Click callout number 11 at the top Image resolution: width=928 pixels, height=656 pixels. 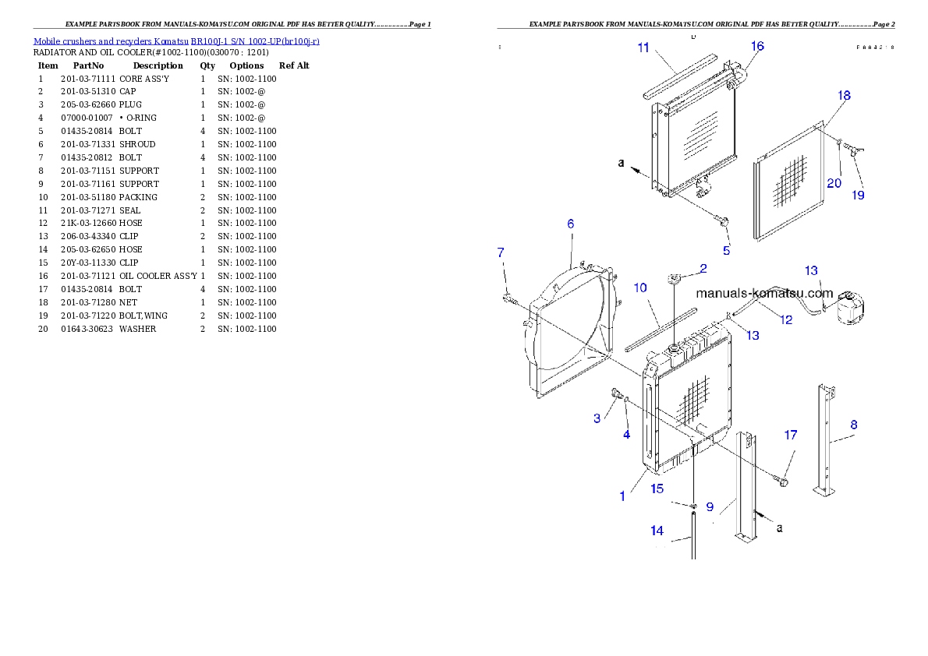point(643,48)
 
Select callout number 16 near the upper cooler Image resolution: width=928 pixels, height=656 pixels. point(757,46)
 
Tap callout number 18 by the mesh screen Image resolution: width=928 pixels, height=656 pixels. point(844,95)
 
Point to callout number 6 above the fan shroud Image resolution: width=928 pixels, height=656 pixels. point(570,224)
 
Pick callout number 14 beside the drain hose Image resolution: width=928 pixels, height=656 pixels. point(657,531)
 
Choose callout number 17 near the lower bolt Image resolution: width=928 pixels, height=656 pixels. point(791,435)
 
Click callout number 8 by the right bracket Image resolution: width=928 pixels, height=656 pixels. point(854,425)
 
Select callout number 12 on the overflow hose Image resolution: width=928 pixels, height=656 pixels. point(786,319)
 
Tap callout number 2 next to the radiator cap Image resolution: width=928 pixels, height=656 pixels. point(703,268)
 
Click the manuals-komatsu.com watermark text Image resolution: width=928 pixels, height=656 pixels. point(764,294)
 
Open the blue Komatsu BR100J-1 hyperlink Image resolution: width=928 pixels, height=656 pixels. point(176,41)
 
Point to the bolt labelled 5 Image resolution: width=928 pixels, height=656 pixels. point(723,224)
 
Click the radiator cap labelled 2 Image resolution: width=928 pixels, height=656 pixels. point(675,279)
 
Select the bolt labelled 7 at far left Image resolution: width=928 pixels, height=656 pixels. point(508,298)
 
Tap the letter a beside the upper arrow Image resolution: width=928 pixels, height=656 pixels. point(621,163)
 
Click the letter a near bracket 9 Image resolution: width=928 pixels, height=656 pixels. point(780,527)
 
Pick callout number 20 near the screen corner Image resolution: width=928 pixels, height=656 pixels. point(834,183)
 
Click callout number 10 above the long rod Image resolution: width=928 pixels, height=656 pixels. point(640,287)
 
